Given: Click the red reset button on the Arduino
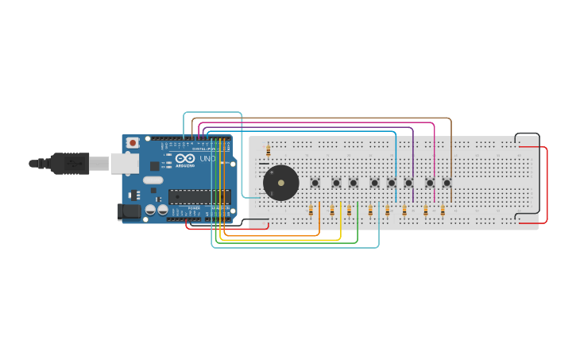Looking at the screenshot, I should (x=133, y=142).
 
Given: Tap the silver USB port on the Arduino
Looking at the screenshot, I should (x=123, y=163).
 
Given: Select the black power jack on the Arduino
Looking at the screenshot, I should (x=127, y=211).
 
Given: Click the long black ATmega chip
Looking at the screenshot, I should (x=198, y=196).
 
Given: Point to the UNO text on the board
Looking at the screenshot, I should (x=207, y=159).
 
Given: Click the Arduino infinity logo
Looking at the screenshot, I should (x=185, y=159).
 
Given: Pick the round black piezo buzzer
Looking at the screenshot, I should (x=281, y=184).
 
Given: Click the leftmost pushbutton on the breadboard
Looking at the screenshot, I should (x=315, y=183).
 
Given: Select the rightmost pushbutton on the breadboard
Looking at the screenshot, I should (x=446, y=183).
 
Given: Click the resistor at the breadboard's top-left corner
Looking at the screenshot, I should (x=269, y=149).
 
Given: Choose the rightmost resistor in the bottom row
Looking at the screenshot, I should (x=443, y=211).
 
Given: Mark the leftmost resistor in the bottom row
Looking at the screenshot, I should (x=311, y=211).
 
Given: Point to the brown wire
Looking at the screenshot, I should (x=334, y=118).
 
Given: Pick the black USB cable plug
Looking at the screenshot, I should (x=72, y=163).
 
